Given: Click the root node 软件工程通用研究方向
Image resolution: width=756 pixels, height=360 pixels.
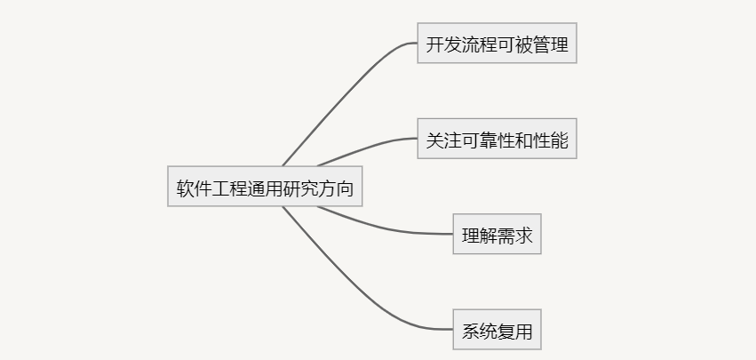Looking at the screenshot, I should pyautogui.click(x=265, y=187).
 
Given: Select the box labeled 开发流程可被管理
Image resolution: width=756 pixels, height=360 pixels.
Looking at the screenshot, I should pyautogui.click(x=497, y=44).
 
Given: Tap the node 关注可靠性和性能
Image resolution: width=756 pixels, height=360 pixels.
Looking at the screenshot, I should pyautogui.click(x=497, y=139).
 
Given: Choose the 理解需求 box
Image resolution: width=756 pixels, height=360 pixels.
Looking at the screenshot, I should pyautogui.click(x=497, y=235).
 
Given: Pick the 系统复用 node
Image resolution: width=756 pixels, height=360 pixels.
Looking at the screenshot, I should pyautogui.click(x=497, y=330).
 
